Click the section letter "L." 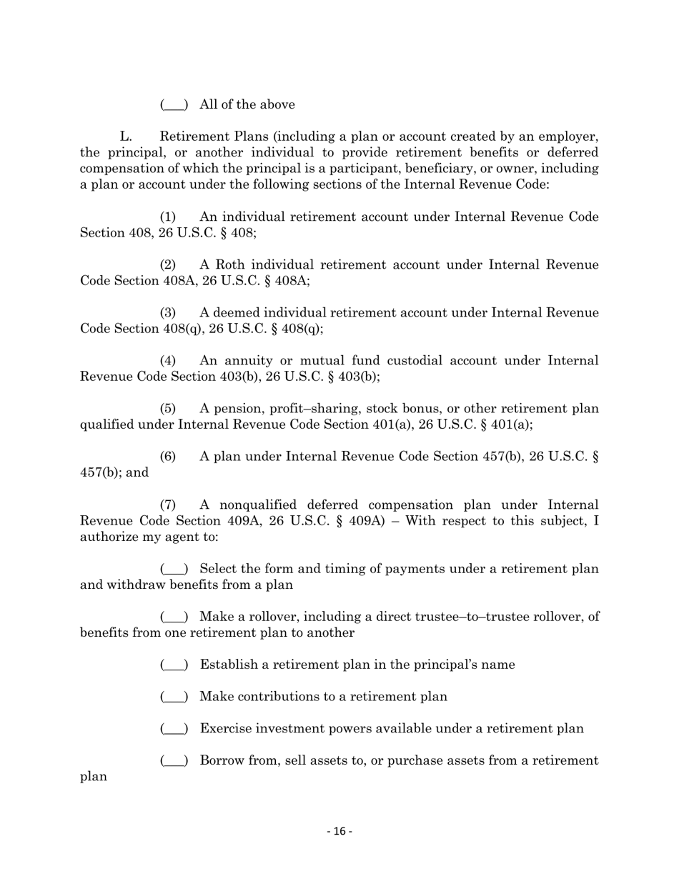point(127,136)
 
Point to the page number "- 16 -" point(339,831)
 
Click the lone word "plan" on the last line point(94,776)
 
